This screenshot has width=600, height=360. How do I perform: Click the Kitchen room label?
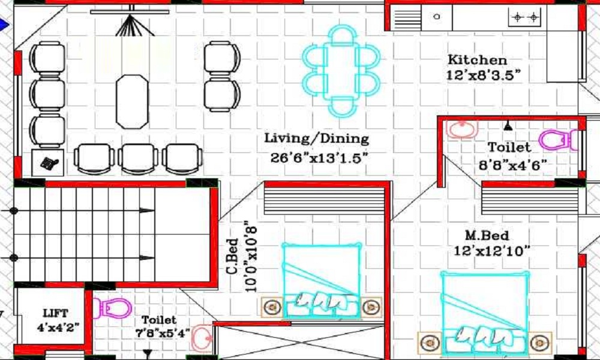click(477, 59)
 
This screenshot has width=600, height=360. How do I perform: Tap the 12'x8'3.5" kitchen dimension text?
click(483, 75)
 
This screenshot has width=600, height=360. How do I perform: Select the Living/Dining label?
click(317, 139)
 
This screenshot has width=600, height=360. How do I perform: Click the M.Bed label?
click(487, 235)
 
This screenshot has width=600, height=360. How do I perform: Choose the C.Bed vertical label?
click(232, 257)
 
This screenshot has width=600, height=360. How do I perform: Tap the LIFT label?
click(55, 313)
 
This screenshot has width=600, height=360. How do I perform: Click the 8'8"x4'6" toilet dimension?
click(513, 165)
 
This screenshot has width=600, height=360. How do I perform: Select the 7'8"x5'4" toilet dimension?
click(162, 334)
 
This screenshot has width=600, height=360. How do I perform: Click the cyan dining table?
click(341, 71)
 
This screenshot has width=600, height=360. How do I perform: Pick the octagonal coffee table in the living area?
click(132, 102)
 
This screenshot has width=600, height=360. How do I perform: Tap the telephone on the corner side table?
click(49, 163)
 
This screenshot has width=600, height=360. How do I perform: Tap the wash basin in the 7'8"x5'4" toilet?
click(202, 338)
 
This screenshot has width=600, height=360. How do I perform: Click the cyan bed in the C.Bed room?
click(322, 280)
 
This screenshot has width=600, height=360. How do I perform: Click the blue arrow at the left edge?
click(4, 25)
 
